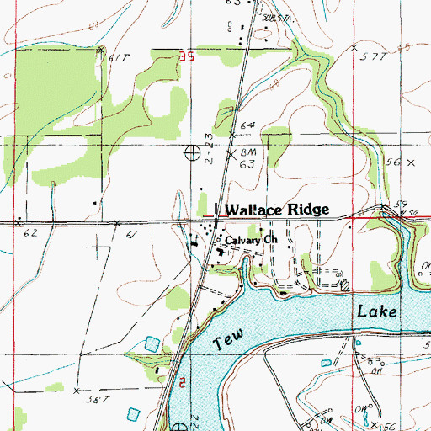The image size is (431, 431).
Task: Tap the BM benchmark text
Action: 247,152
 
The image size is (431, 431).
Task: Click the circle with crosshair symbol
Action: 193,152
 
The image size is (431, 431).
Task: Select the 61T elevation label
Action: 120,57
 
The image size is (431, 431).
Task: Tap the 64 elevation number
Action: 247,125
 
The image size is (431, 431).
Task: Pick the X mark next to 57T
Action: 354,48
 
